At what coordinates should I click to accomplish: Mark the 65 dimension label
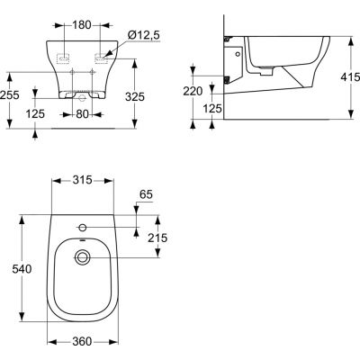coord(147,194)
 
